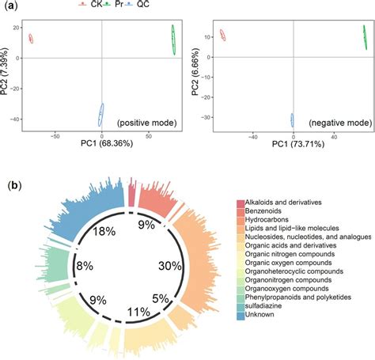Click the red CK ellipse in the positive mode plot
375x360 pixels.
coord(31,39)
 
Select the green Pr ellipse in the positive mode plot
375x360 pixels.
coord(173,40)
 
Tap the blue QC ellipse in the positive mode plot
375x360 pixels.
coord(101,114)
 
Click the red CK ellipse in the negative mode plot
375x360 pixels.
coord(222,36)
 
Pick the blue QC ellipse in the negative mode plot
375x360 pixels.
coord(292,120)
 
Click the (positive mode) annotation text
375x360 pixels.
coord(147,124)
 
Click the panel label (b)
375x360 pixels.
coord(13,187)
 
